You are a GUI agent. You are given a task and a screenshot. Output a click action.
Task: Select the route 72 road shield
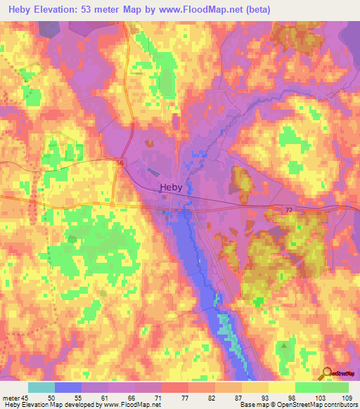(288, 209)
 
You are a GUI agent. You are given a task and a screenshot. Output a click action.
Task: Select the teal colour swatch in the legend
(41, 387)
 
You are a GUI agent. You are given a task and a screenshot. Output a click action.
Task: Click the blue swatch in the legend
(68, 387)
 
